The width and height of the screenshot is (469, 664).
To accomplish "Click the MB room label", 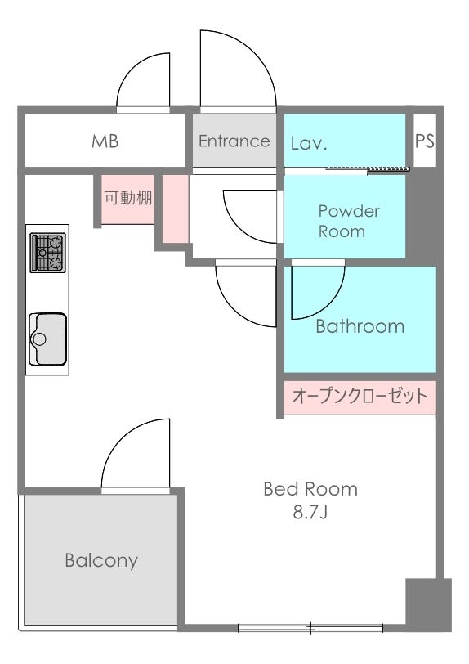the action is tap(105, 141).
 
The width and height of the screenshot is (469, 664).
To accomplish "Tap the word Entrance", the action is tap(234, 141).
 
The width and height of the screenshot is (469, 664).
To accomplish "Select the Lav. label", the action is tap(309, 144).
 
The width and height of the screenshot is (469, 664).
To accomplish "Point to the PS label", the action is tap(425, 141).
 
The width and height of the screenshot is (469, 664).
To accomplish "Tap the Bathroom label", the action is tap(360, 326).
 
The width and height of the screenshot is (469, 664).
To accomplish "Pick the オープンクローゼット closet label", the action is tap(360, 397).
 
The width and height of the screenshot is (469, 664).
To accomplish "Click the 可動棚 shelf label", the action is tap(128, 198).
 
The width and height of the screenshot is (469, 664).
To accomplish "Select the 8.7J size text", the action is tap(310, 513).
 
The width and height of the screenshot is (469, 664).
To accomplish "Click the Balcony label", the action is tap(101, 561).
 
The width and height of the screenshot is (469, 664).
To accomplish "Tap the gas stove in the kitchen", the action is tap(48, 253).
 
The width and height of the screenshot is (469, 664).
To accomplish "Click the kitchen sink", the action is tap(48, 339).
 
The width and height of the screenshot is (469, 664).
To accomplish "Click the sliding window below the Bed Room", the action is tap(310, 628).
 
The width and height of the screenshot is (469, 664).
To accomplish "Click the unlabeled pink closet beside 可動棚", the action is tap(175, 209).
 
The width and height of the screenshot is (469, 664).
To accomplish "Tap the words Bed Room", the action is tap(310, 490).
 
